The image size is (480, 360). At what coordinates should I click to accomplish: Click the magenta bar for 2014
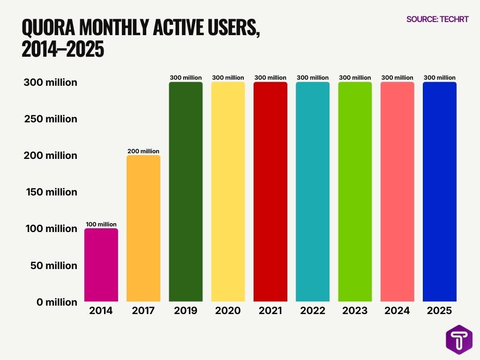[x=101, y=265]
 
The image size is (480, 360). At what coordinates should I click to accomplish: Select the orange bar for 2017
[x=143, y=228]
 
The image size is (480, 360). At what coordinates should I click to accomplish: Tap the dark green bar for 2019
[x=186, y=192]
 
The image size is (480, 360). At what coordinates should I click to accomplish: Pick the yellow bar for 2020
[x=228, y=192]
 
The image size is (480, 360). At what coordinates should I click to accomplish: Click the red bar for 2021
[x=270, y=192]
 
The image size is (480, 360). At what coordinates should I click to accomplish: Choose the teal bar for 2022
[x=312, y=192]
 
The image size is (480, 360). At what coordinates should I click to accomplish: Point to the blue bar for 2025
[x=439, y=192]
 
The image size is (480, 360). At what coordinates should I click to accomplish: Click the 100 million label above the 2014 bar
[x=101, y=225]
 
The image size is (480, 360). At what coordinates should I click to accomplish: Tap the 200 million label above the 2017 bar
[x=143, y=151]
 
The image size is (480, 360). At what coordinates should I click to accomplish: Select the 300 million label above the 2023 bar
[x=354, y=78]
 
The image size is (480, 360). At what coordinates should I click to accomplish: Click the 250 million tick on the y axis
[x=51, y=119]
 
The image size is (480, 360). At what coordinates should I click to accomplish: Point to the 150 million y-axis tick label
[x=51, y=192]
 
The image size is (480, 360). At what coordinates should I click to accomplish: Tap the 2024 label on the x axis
[x=397, y=311]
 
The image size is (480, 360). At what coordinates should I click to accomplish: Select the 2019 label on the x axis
[x=186, y=311]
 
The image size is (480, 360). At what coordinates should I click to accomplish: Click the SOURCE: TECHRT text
[x=437, y=19]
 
